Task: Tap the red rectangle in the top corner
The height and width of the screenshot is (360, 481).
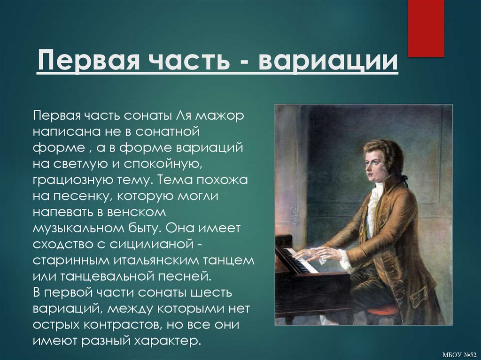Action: pos(426,28)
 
